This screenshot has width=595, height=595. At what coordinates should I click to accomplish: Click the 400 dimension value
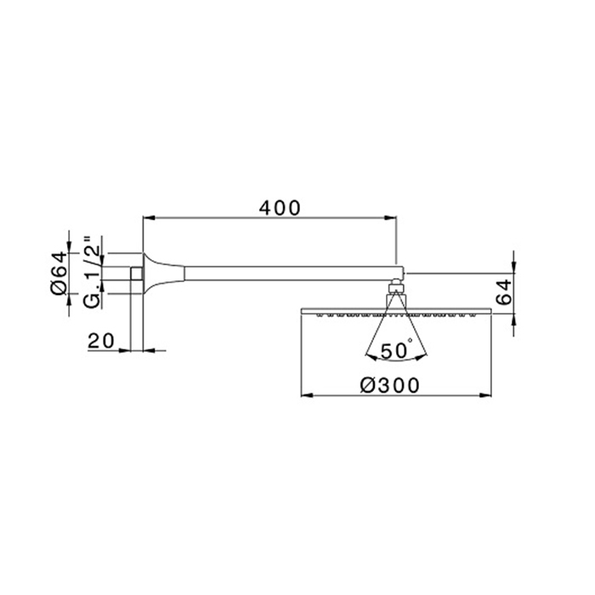click(280, 208)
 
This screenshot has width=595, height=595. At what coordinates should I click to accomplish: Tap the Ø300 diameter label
click(389, 386)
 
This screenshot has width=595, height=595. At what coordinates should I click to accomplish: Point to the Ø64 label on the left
click(59, 273)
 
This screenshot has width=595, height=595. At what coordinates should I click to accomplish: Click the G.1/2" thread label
click(92, 272)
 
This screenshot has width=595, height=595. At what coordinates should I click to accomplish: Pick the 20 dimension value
click(100, 341)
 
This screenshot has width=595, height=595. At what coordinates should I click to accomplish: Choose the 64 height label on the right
click(504, 292)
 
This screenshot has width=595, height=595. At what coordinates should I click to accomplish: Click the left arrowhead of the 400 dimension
click(149, 218)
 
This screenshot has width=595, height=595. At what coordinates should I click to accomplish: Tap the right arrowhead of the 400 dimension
click(390, 218)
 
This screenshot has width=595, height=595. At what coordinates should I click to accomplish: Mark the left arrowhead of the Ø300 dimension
click(307, 395)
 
